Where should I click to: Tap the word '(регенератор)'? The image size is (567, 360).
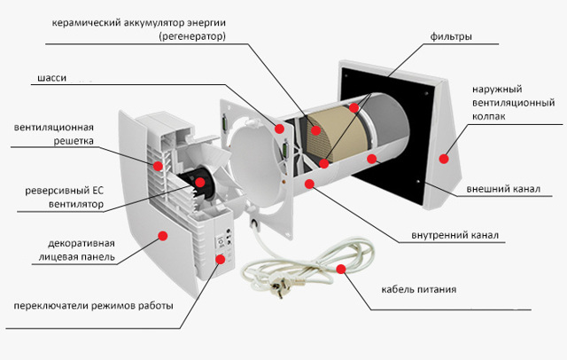click(x=192, y=38)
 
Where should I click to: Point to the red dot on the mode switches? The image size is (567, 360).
click(x=220, y=258)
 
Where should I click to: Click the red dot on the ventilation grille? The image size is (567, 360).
click(x=158, y=165)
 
